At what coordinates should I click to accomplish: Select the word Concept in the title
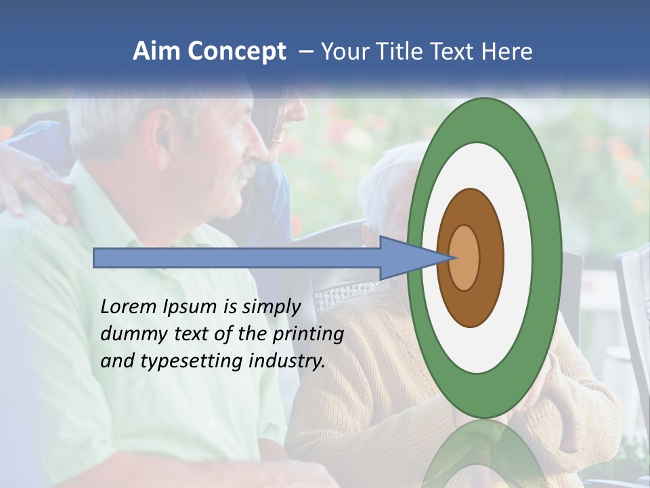point(237,52)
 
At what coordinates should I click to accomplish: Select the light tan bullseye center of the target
point(464,258)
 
